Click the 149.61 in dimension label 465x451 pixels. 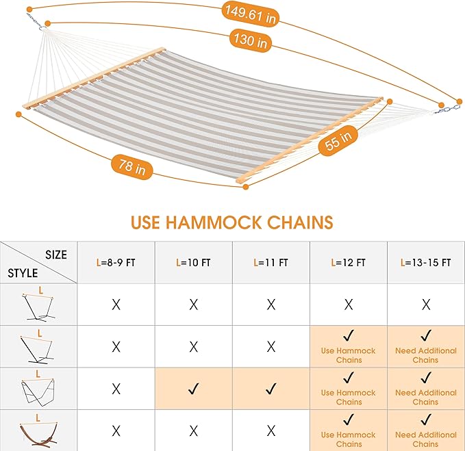click(250, 14)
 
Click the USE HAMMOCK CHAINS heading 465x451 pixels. click(232, 222)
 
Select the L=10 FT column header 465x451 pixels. click(194, 262)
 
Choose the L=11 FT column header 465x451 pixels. click(271, 262)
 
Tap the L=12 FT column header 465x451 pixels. click(349, 262)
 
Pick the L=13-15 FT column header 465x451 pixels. click(425, 262)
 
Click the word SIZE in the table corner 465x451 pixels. click(56, 255)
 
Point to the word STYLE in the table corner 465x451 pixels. click(23, 273)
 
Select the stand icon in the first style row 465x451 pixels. click(38, 305)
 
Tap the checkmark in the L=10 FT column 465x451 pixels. click(194, 389)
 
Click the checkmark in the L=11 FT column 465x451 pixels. click(271, 389)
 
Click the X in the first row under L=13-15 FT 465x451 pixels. click(425, 305)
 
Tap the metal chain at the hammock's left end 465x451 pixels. click(34, 23)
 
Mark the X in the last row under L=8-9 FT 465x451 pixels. click(116, 431)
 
